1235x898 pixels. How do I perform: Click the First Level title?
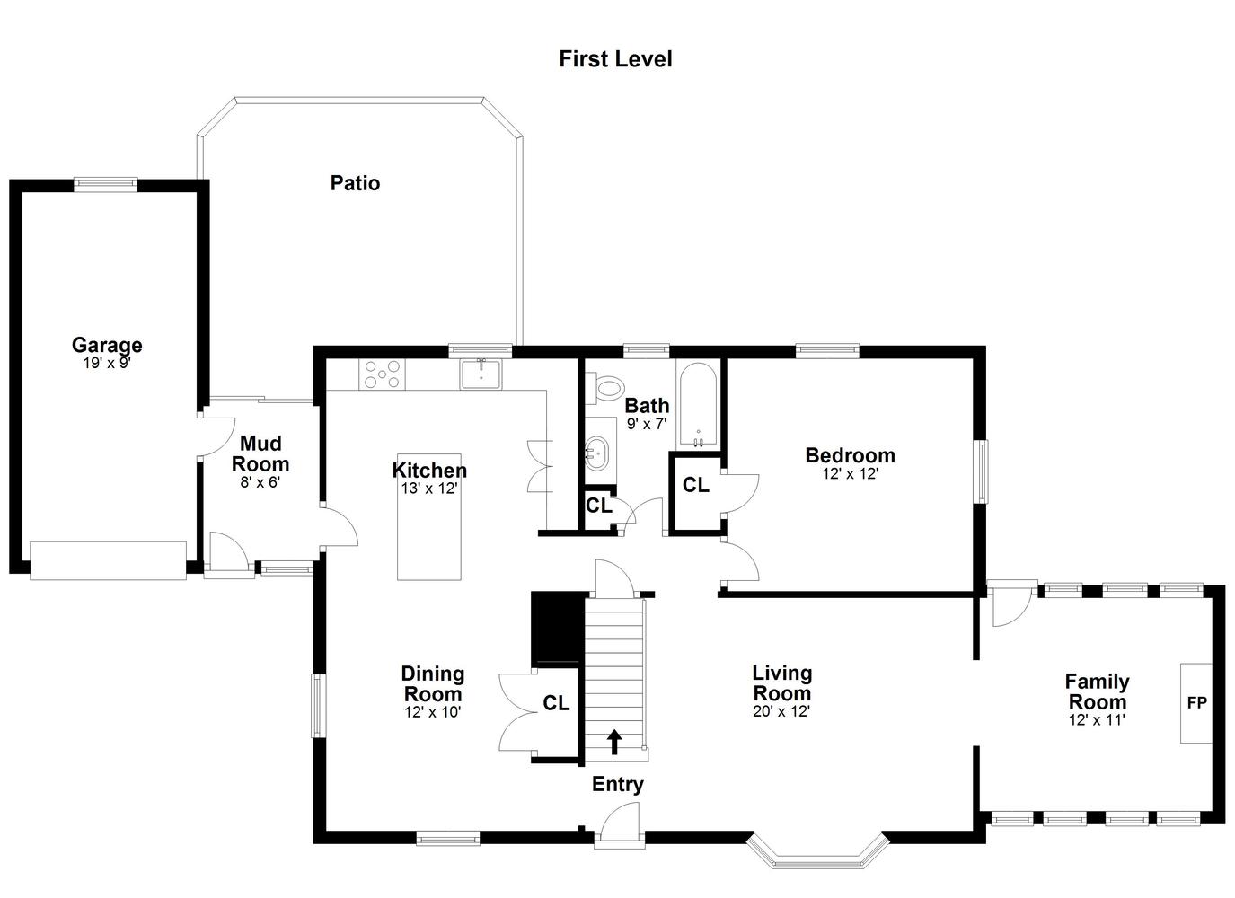click(x=615, y=59)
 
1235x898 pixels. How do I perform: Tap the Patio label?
click(x=355, y=183)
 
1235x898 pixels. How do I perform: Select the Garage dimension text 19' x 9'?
click(x=107, y=363)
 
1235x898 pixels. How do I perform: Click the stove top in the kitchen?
click(x=382, y=374)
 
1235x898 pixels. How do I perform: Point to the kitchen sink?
click(x=481, y=374)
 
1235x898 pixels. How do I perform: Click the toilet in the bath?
click(x=604, y=387)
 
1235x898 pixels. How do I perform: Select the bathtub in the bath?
click(x=698, y=405)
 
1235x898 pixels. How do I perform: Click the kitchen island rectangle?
click(x=429, y=516)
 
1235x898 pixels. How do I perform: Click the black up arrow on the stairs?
click(x=614, y=742)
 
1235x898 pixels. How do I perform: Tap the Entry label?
click(x=618, y=784)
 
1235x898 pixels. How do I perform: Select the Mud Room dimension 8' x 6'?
click(x=260, y=482)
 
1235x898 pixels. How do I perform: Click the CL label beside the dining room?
click(x=556, y=703)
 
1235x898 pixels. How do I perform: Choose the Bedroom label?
click(x=851, y=455)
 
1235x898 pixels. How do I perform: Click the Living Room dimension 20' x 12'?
click(x=781, y=711)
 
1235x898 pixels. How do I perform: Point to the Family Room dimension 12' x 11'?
click(x=1097, y=720)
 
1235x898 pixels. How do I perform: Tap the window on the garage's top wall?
click(x=105, y=185)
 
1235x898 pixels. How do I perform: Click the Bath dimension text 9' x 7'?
click(x=647, y=423)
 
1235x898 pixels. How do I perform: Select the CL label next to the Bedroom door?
click(x=695, y=485)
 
